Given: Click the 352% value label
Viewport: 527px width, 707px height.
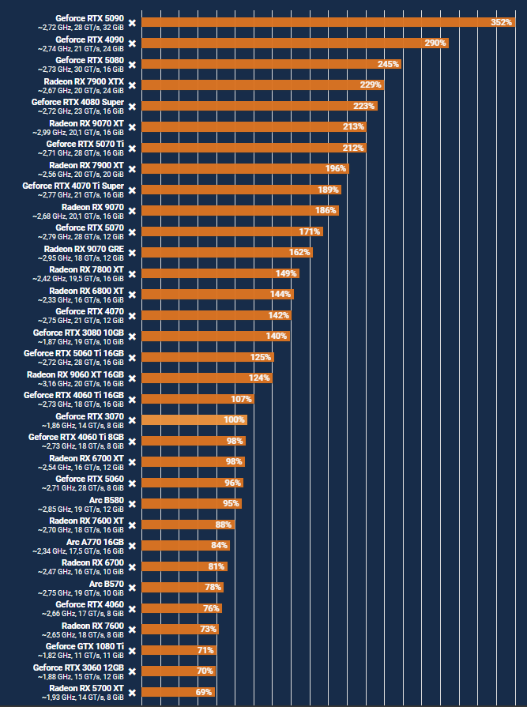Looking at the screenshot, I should [x=501, y=22].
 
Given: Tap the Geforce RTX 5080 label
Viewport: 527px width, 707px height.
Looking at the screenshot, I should [x=90, y=59].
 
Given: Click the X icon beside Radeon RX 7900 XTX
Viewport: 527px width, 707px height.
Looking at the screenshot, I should [x=132, y=85].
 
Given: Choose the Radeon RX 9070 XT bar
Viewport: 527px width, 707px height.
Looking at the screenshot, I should [x=254, y=126].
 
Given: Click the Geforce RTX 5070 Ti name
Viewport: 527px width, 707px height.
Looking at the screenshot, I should [x=90, y=143].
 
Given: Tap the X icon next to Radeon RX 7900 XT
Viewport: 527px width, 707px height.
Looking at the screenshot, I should [x=132, y=169].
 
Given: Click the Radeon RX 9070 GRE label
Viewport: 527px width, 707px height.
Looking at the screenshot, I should [x=85, y=248].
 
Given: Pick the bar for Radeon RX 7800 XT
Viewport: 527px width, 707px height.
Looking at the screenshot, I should [x=220, y=273].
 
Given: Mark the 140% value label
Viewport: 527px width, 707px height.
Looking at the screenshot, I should [x=277, y=336].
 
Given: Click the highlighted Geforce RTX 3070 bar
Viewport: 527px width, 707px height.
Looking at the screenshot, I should [x=194, y=419].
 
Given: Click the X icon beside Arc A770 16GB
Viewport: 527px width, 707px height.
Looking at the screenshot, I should [x=132, y=546].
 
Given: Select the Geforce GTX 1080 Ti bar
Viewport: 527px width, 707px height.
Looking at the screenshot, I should [x=179, y=650].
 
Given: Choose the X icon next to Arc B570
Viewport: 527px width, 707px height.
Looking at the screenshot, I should [x=132, y=588].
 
